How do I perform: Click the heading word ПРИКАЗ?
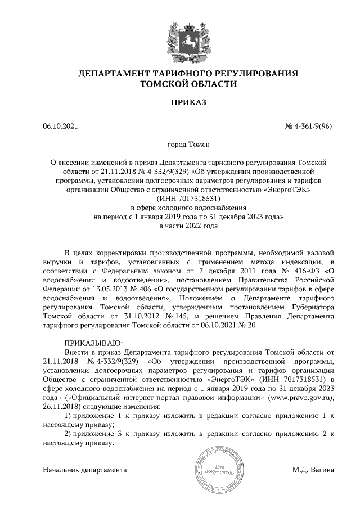180,102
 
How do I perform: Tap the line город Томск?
180,144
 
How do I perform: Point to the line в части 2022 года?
180,225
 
